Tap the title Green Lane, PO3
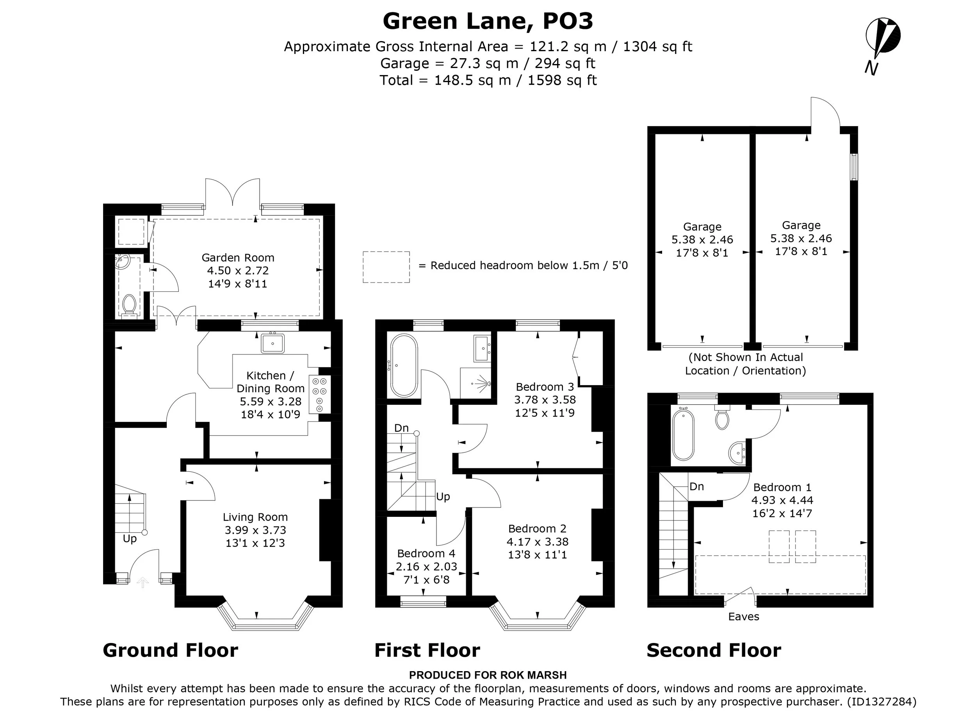click(x=488, y=21)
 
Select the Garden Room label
click(x=238, y=257)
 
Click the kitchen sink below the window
click(x=272, y=343)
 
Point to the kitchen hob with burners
click(x=319, y=395)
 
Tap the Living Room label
click(x=255, y=517)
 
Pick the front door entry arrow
click(x=142, y=582)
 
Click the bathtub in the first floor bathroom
click(x=403, y=366)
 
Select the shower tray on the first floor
click(x=476, y=383)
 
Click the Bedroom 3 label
click(x=545, y=387)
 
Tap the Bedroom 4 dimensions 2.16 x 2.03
click(x=426, y=566)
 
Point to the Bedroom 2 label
click(x=537, y=529)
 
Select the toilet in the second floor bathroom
click(x=722, y=416)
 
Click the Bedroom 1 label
click(x=782, y=487)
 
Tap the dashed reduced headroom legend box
click(x=386, y=267)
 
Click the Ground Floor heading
click(x=171, y=650)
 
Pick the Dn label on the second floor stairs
click(x=697, y=487)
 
